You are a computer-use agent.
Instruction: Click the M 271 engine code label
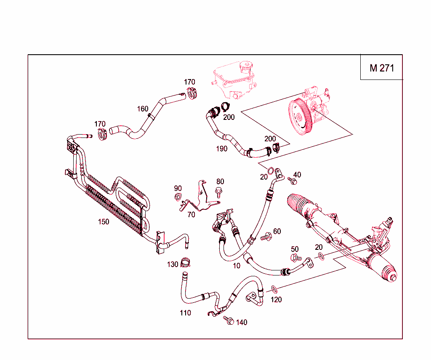pos(382,68)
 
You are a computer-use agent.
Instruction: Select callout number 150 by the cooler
pos(104,222)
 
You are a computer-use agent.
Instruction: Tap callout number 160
pos(143,109)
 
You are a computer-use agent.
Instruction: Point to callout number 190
pos(221,148)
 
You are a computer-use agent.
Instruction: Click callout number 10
pos(237,265)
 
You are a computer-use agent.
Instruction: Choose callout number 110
pos(185,312)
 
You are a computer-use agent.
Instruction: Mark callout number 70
pos(191,214)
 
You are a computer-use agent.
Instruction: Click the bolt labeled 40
pos(293,181)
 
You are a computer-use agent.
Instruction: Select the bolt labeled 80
pos(218,193)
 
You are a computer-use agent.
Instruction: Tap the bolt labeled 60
pos(266,238)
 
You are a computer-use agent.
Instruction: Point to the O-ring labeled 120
pos(274,289)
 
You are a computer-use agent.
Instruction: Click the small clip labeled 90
pos(178,196)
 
